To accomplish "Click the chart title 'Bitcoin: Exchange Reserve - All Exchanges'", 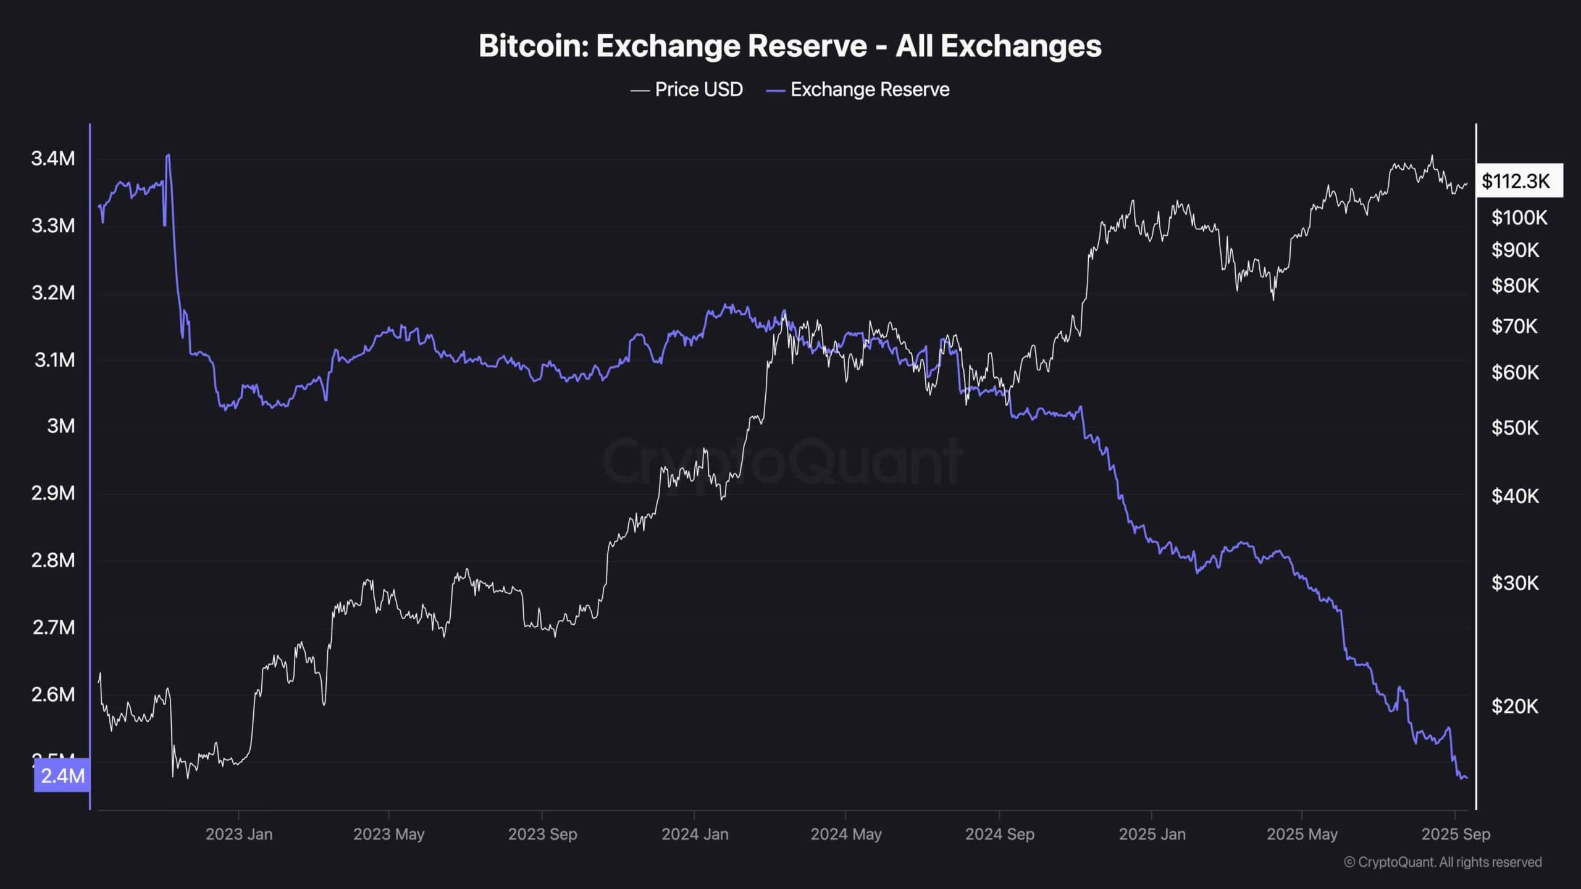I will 790,46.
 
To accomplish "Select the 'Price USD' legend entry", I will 686,90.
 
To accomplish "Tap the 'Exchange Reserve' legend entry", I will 858,90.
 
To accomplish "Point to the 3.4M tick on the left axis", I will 53,159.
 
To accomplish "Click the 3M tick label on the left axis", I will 61,426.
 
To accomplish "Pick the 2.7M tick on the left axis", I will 53,627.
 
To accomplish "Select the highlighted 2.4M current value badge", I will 62,775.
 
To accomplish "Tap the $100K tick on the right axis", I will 1519,217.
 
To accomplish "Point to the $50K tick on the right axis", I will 1515,427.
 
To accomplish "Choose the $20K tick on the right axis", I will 1515,706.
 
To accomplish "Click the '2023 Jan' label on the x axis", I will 238,834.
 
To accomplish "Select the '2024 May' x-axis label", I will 845,834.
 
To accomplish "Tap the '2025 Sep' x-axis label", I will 1456,834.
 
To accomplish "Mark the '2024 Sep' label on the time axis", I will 999,834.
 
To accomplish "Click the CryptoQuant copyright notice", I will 1443,862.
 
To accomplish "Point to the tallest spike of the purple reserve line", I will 168,156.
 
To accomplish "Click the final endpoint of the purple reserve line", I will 1467,778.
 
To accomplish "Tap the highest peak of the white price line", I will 1432,156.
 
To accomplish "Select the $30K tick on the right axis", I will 1515,583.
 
